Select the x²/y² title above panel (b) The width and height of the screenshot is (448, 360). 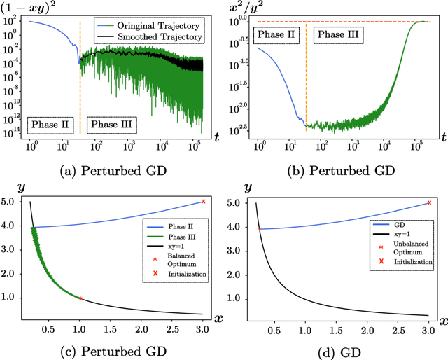(x=249, y=7)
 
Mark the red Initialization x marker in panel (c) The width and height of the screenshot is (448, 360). (x=203, y=202)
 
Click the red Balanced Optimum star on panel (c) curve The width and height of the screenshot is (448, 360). (x=80, y=298)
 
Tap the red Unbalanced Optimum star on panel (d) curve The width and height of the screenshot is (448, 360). (x=260, y=229)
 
